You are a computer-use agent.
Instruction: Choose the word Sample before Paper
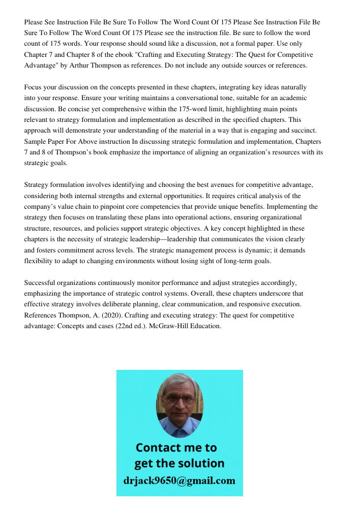click(x=36, y=141)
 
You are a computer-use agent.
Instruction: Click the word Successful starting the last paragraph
click(x=41, y=282)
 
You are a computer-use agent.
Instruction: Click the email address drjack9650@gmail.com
click(x=179, y=481)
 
